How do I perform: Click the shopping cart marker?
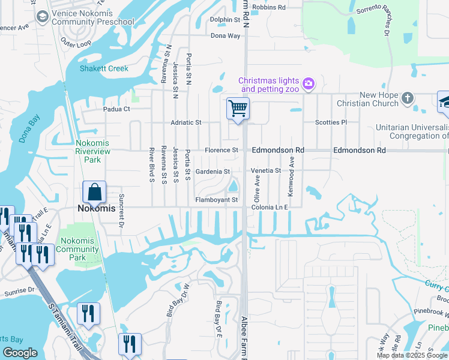point(238,109)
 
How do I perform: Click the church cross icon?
point(408,98)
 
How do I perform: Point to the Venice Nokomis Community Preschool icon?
point(42,17)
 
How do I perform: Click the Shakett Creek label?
point(104,68)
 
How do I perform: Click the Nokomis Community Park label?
point(77,249)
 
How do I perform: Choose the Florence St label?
point(221,150)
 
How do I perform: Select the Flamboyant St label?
point(217,200)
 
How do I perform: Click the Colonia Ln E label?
point(270,206)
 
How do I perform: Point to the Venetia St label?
point(265,171)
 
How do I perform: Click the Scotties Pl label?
point(331,122)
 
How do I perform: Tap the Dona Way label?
point(225,36)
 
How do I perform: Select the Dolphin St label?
point(225,19)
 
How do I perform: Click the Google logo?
point(20,353)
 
